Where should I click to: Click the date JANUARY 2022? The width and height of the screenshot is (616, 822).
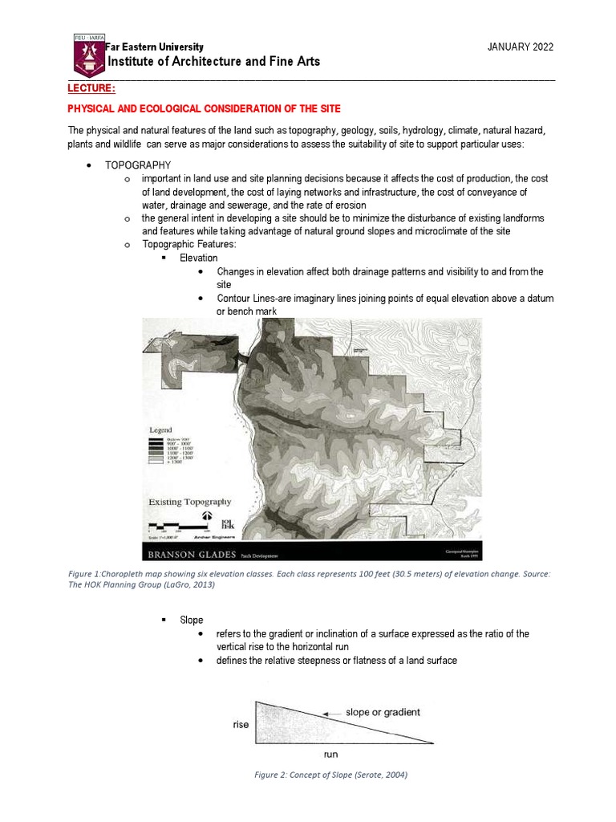[x=521, y=47]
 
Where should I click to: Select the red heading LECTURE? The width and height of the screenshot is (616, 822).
[x=91, y=88]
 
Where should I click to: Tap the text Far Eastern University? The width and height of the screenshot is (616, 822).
[x=155, y=47]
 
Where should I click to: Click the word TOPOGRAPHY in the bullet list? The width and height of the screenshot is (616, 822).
[x=138, y=165]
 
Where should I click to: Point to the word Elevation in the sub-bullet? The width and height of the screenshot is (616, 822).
[x=198, y=258]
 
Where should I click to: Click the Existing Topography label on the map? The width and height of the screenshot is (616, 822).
[x=190, y=502]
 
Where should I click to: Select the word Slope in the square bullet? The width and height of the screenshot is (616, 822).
[x=192, y=620]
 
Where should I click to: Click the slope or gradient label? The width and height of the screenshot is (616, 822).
[x=383, y=712]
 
